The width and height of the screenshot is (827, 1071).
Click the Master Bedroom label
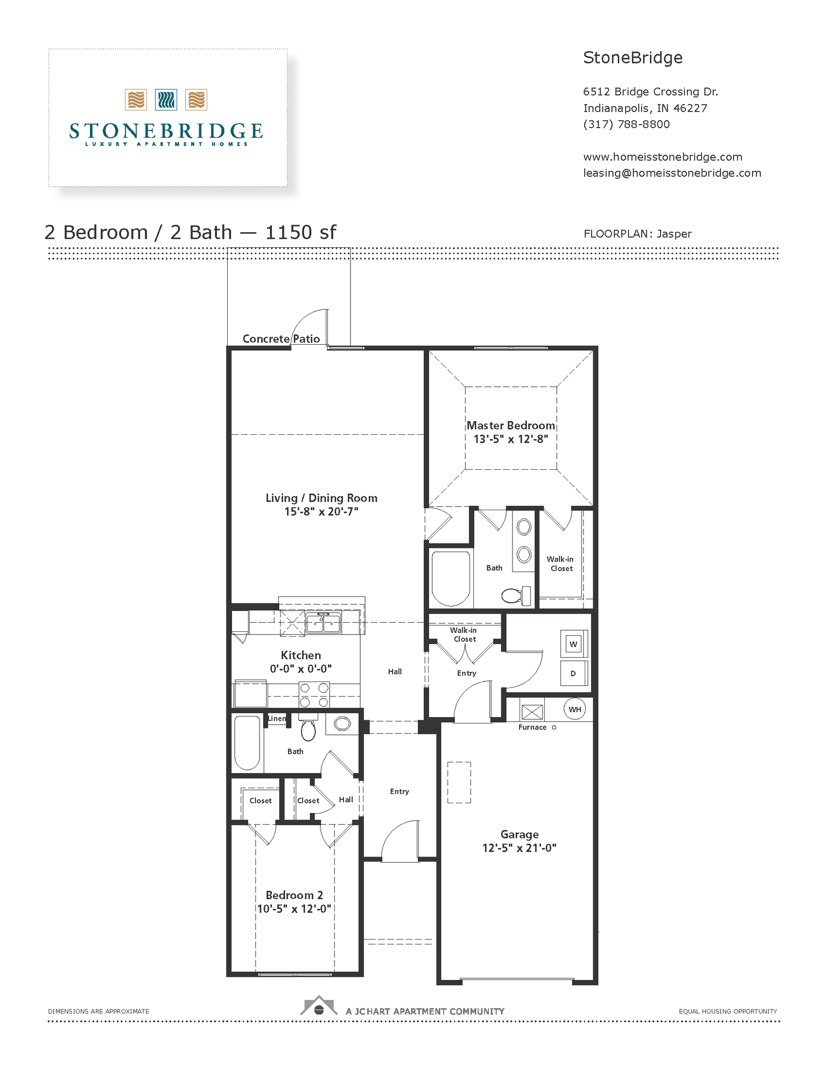click(x=510, y=426)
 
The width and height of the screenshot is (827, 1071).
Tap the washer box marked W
click(x=573, y=644)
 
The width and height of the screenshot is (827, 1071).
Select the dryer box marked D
click(x=573, y=673)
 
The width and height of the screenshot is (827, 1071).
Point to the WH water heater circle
click(x=575, y=710)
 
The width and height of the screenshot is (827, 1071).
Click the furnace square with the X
click(x=532, y=712)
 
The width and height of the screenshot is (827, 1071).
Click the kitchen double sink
click(x=323, y=623)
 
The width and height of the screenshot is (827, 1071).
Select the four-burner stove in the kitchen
click(x=314, y=695)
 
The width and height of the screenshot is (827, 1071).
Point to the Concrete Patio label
click(x=281, y=339)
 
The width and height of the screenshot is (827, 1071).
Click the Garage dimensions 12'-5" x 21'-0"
click(x=519, y=848)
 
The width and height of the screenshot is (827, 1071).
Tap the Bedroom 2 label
click(x=294, y=895)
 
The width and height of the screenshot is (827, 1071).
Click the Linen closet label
click(x=277, y=719)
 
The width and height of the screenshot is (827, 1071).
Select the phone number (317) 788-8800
click(x=626, y=124)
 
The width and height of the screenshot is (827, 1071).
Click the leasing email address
click(x=672, y=173)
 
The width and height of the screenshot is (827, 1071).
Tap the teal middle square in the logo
click(x=166, y=100)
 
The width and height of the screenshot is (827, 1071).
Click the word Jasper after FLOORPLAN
click(x=674, y=234)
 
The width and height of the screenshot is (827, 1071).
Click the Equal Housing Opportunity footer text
click(x=727, y=1011)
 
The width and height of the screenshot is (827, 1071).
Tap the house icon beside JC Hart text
click(x=319, y=1006)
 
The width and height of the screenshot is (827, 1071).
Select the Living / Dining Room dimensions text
click(x=321, y=512)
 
